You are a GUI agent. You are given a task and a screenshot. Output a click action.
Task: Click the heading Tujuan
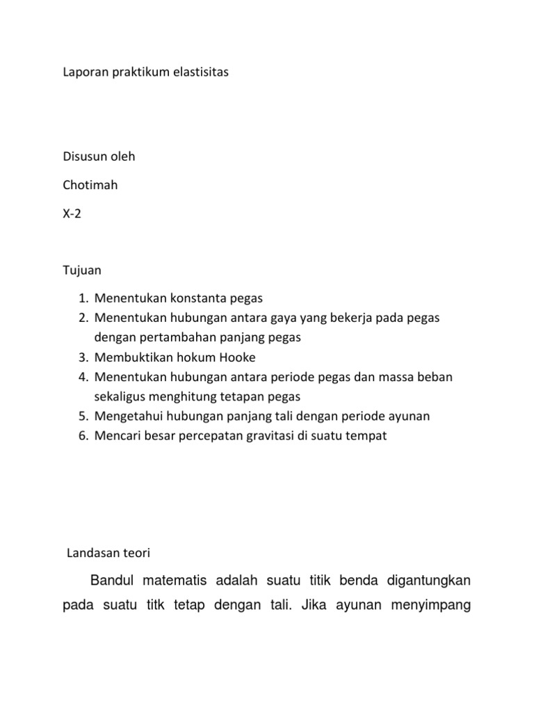click(82, 269)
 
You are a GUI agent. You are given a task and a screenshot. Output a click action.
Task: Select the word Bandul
click(113, 580)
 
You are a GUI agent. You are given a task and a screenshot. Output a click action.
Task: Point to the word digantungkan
click(424, 580)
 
